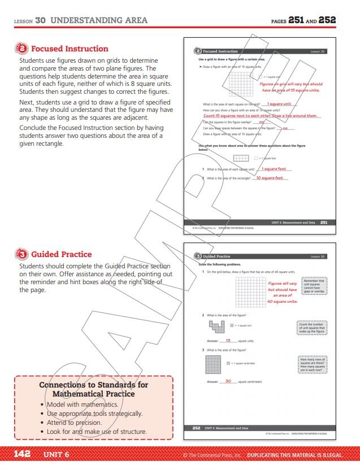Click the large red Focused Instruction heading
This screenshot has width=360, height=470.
click(x=70, y=49)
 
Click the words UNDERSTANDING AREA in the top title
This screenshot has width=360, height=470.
click(x=99, y=20)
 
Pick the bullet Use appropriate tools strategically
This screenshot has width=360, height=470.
click(x=94, y=414)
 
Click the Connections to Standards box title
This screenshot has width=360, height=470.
click(x=94, y=389)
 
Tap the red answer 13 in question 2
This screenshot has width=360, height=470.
click(x=228, y=341)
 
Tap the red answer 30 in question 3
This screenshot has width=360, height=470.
click(x=228, y=381)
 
